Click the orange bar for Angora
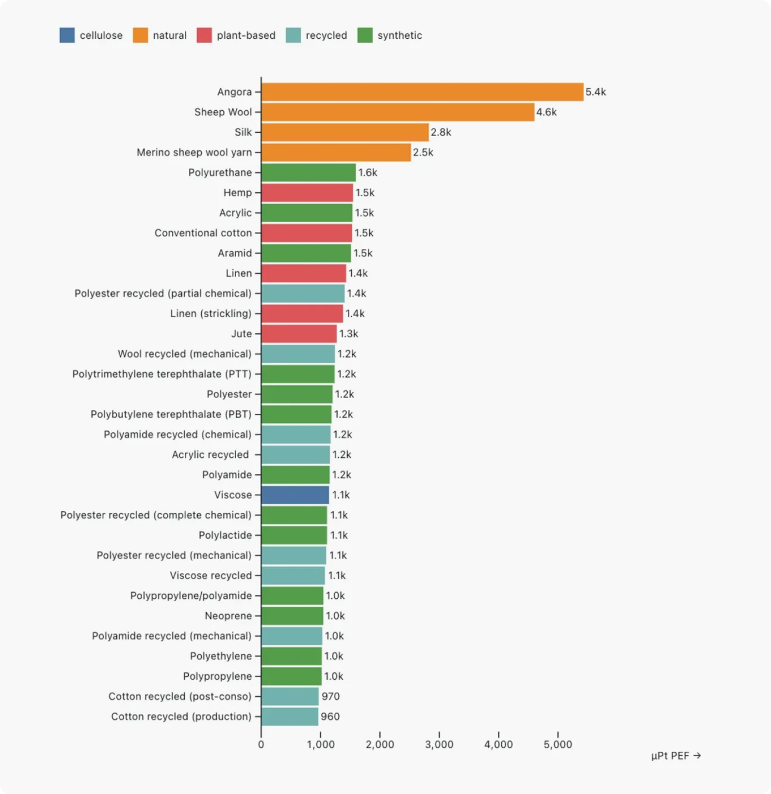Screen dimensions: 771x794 click(x=422, y=92)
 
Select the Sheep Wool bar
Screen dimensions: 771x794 click(x=398, y=112)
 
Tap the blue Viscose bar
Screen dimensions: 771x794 click(x=295, y=495)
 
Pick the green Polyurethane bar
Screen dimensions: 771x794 click(x=308, y=172)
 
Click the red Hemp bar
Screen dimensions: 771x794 click(x=307, y=193)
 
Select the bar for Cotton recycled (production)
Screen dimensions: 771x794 click(x=290, y=716)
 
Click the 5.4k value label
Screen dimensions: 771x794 click(x=596, y=92)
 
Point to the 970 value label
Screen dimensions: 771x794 click(x=330, y=696)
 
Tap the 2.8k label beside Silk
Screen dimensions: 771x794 click(x=441, y=132)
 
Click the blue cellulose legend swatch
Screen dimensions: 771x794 click(x=67, y=35)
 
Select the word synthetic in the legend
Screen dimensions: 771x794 click(x=399, y=35)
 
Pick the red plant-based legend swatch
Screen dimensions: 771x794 click(x=204, y=35)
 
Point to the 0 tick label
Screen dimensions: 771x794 click(x=261, y=744)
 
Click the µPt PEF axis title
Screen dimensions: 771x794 click(x=676, y=756)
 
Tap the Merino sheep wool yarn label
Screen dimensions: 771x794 click(x=194, y=153)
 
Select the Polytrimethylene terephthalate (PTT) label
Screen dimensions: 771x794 click(x=162, y=374)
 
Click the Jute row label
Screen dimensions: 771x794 click(x=241, y=334)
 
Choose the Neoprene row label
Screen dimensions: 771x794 click(x=229, y=616)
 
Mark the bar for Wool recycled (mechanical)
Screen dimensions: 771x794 click(x=298, y=354)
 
